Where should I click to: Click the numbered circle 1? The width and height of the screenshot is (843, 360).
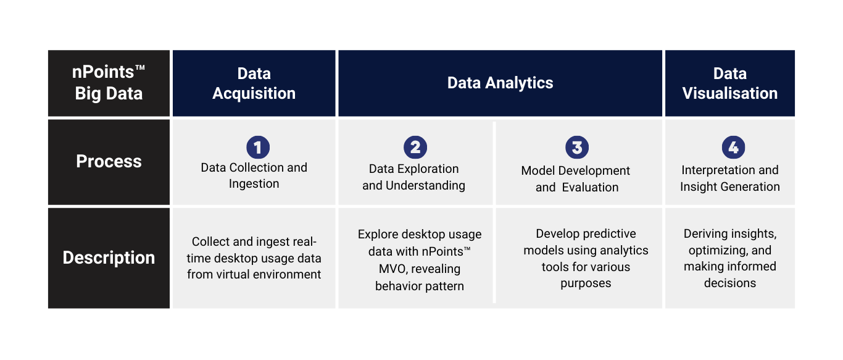point(258,147)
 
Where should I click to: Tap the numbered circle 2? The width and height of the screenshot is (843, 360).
point(415,147)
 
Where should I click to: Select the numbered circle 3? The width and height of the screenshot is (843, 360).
point(577,147)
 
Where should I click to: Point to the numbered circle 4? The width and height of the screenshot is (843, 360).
point(733,147)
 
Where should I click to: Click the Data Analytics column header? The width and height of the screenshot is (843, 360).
point(500,83)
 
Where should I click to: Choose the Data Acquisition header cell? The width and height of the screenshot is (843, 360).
point(254,83)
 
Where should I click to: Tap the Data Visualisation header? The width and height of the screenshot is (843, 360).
point(729,83)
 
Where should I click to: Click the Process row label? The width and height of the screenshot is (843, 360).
point(109,162)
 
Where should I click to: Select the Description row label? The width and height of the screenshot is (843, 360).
point(109,258)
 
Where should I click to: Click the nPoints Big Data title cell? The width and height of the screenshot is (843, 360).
point(109,83)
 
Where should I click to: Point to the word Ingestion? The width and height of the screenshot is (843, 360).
point(254,184)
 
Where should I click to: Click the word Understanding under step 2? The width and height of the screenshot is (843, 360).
point(425,186)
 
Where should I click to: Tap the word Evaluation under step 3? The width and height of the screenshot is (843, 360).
point(590,187)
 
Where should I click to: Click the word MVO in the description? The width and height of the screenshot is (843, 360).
point(392,269)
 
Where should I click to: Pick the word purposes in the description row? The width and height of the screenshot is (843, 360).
point(586,283)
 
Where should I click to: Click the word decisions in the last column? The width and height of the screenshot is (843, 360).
point(729,283)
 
